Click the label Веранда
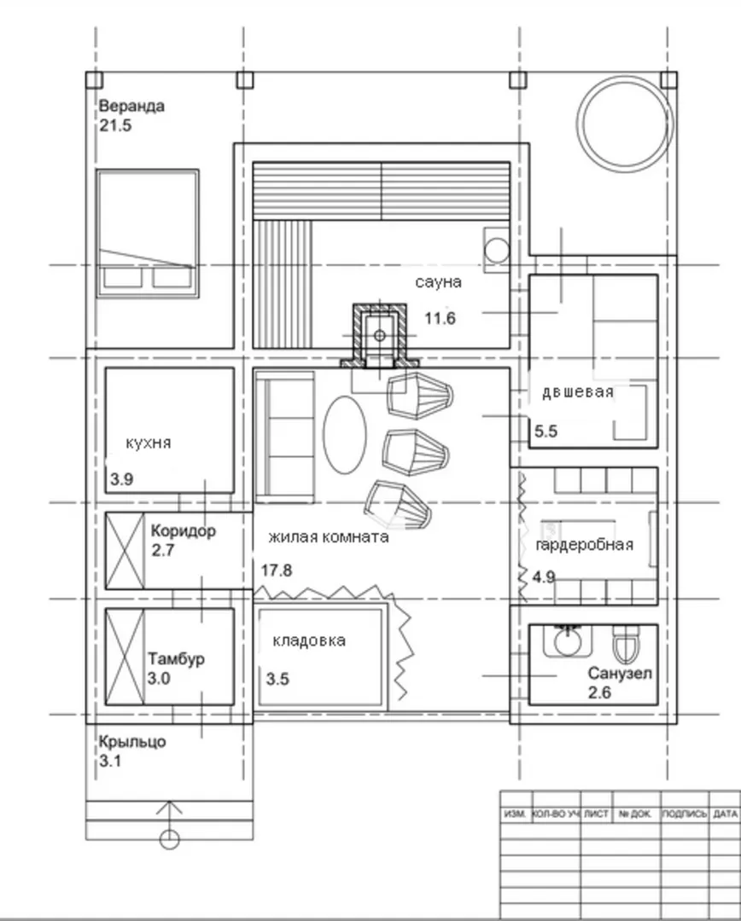131,107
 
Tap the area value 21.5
115,125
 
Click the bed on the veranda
148,234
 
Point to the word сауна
438,282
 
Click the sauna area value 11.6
440,318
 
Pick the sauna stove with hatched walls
379,336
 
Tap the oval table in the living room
345,435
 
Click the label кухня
149,443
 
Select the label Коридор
184,531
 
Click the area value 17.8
277,571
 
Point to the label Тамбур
176,658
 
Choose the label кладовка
309,640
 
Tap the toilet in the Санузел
626,645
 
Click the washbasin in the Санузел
567,640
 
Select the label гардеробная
585,544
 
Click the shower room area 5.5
546,432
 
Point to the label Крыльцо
131,742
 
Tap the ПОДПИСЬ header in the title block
684,814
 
